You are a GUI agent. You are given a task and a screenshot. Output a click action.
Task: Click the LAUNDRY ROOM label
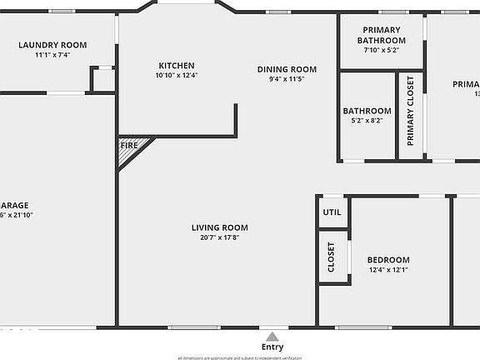pyautogui.click(x=53, y=45)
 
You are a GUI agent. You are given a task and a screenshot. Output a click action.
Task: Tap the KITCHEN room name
pyautogui.click(x=177, y=66)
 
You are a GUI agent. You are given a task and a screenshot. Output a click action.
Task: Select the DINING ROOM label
pyautogui.click(x=287, y=69)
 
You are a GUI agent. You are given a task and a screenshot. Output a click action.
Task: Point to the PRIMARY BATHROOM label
pyautogui.click(x=382, y=35)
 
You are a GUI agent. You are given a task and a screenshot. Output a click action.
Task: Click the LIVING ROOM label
pyautogui.click(x=219, y=227)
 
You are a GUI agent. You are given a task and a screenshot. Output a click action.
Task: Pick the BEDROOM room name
pyautogui.click(x=388, y=260)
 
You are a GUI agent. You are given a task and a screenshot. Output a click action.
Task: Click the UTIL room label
pyautogui.click(x=332, y=212)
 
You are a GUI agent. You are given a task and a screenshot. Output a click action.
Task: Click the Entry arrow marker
pyautogui.click(x=272, y=336)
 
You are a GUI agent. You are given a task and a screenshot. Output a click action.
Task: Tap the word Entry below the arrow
pyautogui.click(x=272, y=347)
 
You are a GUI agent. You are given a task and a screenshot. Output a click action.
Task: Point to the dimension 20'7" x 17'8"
pyautogui.click(x=219, y=237)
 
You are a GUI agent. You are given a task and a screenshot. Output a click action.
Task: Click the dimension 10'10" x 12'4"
pyautogui.click(x=177, y=76)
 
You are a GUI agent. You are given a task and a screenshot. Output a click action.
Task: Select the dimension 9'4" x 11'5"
pyautogui.click(x=287, y=79)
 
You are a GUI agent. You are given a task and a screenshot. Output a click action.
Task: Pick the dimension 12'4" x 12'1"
pyautogui.click(x=388, y=270)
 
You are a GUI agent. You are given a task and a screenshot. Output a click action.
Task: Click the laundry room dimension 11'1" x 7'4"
pyautogui.click(x=53, y=55)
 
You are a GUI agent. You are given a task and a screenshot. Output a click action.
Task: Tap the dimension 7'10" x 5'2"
pyautogui.click(x=382, y=50)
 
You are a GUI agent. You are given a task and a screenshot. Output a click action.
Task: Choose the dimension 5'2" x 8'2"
pyautogui.click(x=367, y=121)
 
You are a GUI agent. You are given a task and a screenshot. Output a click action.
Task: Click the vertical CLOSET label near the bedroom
pyautogui.click(x=331, y=257)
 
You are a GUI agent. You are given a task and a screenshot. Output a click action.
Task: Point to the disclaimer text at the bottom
pyautogui.click(x=239, y=357)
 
